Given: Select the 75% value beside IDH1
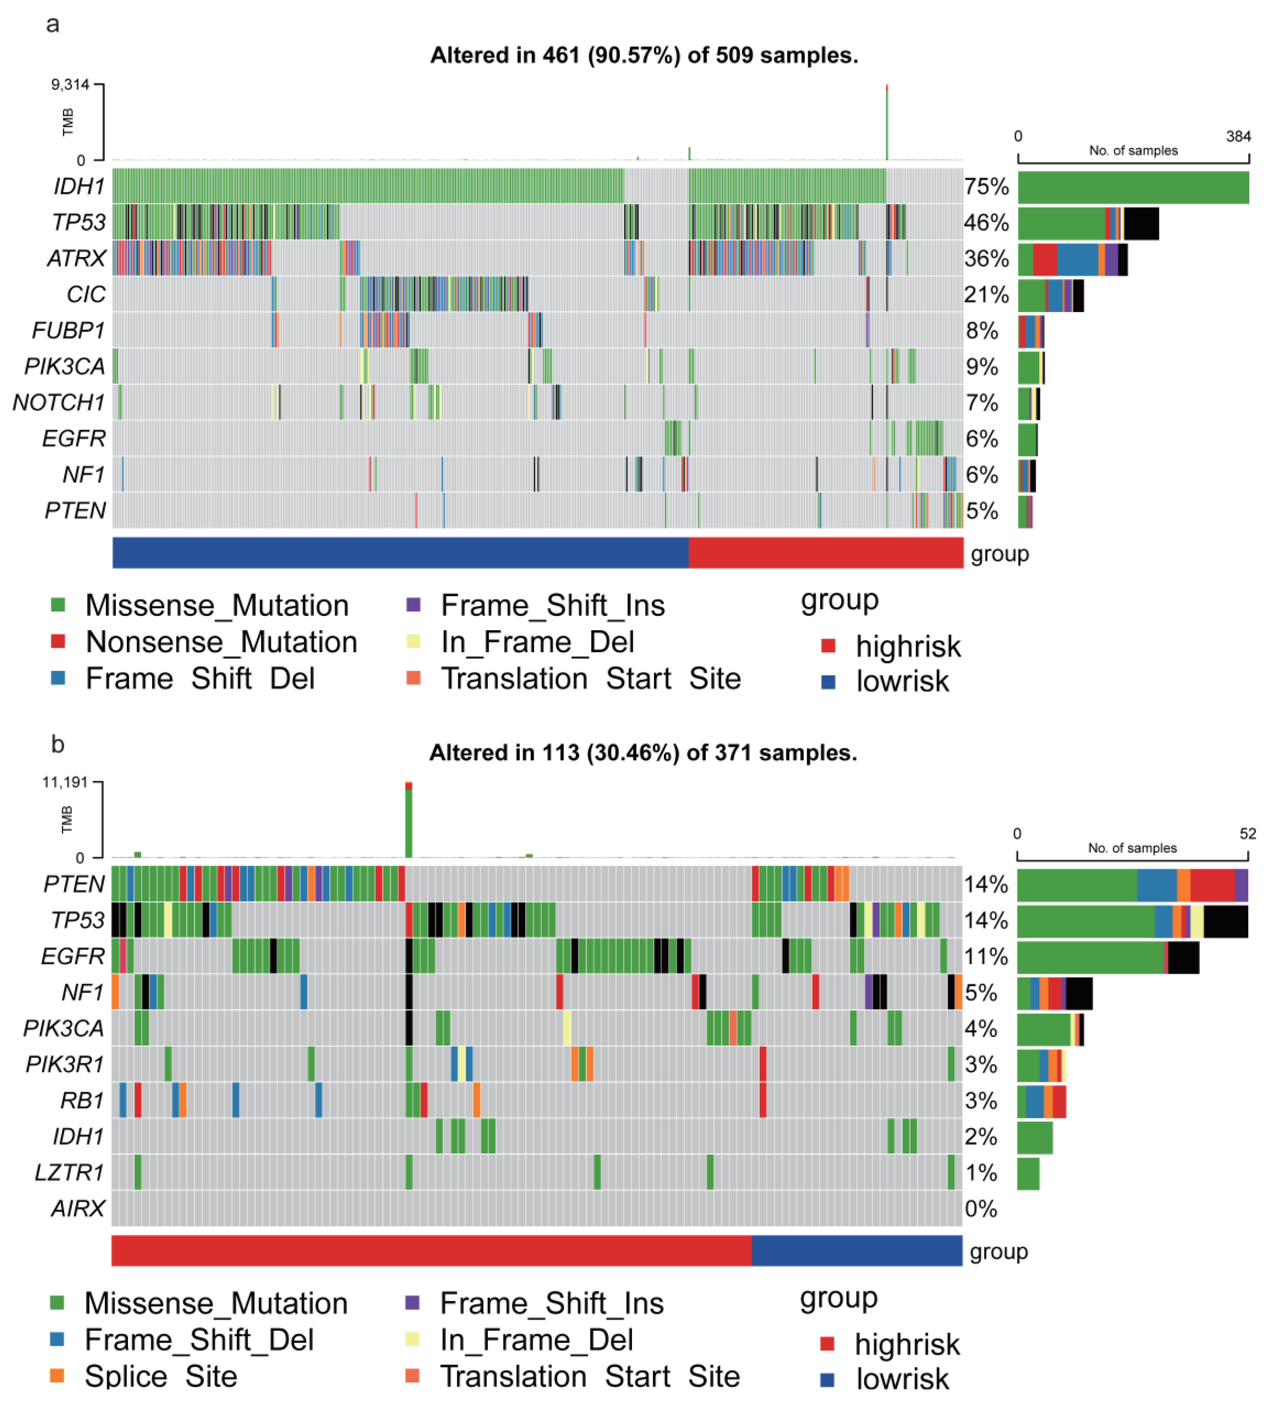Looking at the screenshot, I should pyautogui.click(x=986, y=187).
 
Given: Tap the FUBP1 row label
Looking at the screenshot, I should pyautogui.click(x=68, y=330).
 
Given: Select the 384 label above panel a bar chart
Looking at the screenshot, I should pyautogui.click(x=1238, y=136).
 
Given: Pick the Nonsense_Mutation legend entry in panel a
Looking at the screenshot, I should pyautogui.click(x=221, y=642).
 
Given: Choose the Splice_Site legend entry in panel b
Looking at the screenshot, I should pyautogui.click(x=160, y=1376).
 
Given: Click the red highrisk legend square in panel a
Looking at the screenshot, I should pyautogui.click(x=828, y=645).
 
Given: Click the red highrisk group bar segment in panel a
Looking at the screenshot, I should pyautogui.click(x=826, y=553).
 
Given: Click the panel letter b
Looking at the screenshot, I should pyautogui.click(x=58, y=745).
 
